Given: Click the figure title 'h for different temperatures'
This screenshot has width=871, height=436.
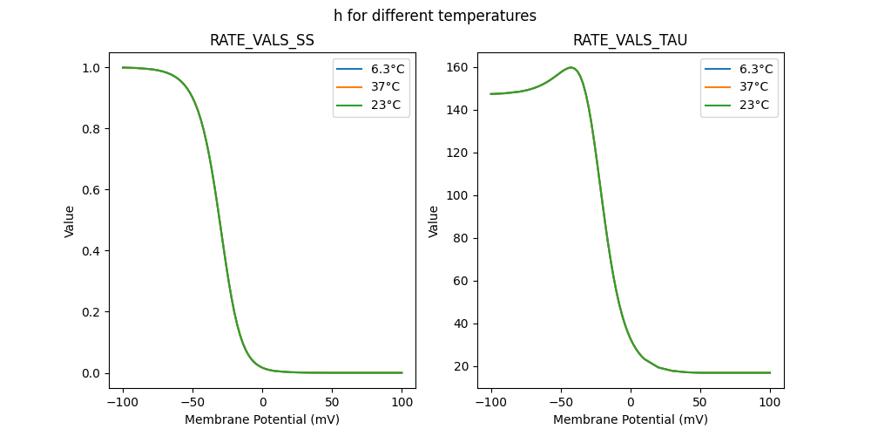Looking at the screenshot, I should pyautogui.click(x=435, y=16).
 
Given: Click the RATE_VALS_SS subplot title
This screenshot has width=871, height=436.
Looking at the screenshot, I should pyautogui.click(x=261, y=41).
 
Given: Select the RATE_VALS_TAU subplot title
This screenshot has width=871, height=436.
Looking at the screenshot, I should pyautogui.click(x=630, y=41).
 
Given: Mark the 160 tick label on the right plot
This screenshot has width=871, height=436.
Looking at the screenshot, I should pyautogui.click(x=457, y=67).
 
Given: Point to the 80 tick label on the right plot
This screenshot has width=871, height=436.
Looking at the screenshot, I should pyautogui.click(x=461, y=238).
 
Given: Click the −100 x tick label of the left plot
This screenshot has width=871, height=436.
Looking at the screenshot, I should pyautogui.click(x=122, y=402).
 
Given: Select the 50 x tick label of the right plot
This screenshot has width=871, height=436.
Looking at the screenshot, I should pyautogui.click(x=700, y=402).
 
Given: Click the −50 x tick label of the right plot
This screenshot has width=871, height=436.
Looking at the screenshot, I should pyautogui.click(x=561, y=402).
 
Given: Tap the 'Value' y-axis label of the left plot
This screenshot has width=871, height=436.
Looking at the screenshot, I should pyautogui.click(x=70, y=221).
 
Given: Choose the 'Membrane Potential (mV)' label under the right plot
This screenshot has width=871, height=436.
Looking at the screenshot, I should pyautogui.click(x=631, y=419).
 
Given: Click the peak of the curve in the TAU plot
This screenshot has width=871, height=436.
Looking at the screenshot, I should pyautogui.click(x=571, y=67).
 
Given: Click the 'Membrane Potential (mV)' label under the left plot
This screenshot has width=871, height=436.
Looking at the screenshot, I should pyautogui.click(x=262, y=419).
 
